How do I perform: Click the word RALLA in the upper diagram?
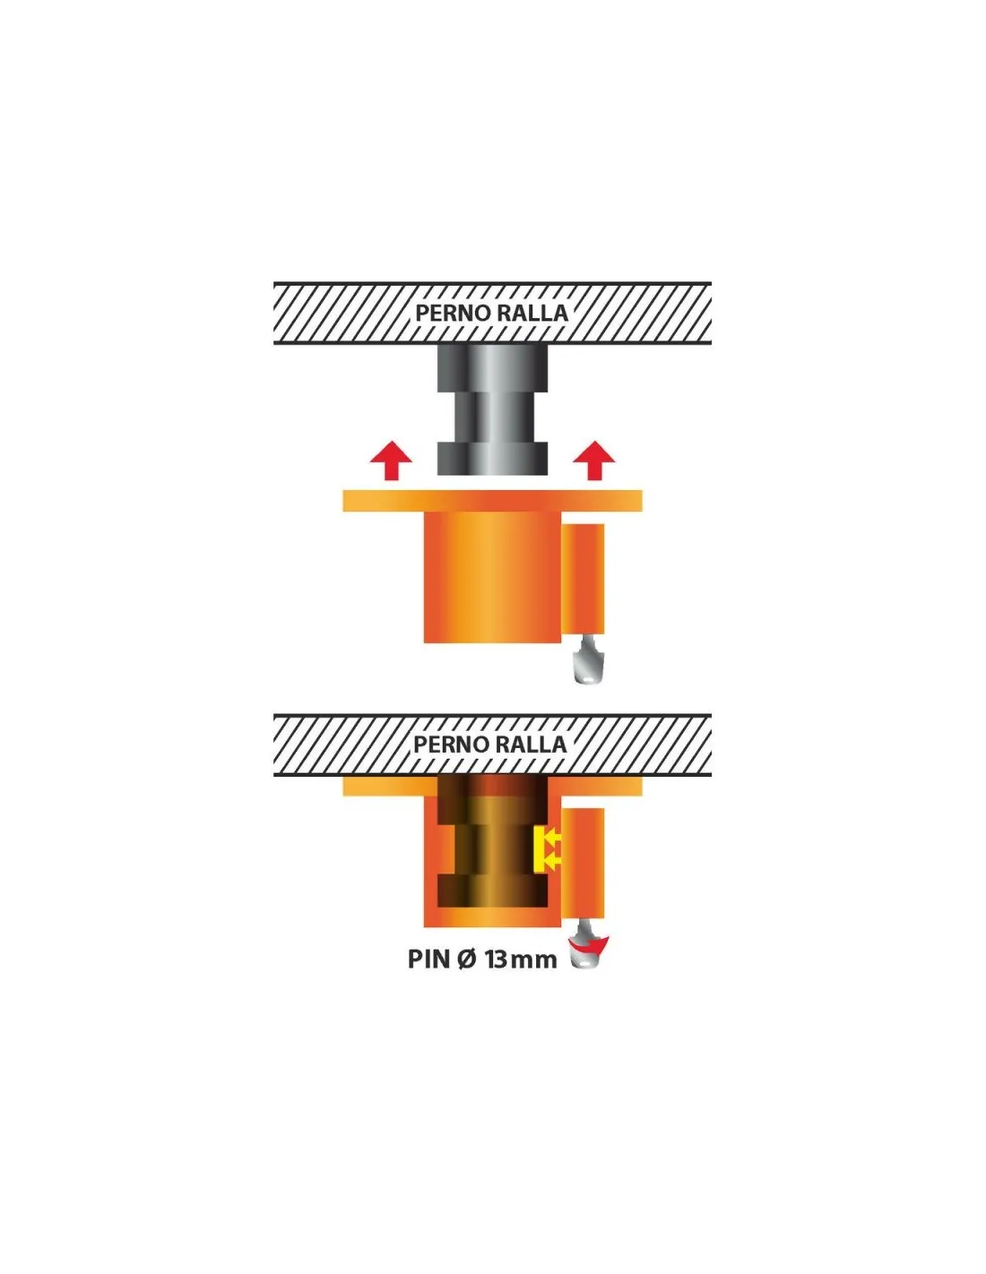coord(532,313)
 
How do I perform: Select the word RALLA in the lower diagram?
coord(531,744)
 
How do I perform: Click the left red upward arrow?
coord(391,461)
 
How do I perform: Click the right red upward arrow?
coord(594,461)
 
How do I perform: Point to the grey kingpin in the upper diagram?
coord(493,409)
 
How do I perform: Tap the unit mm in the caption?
coord(534,961)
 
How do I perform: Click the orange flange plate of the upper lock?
coord(493,501)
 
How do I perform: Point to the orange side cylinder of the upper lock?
coord(584,579)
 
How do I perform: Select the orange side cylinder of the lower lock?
coord(584,863)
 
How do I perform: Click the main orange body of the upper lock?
coord(493,577)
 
